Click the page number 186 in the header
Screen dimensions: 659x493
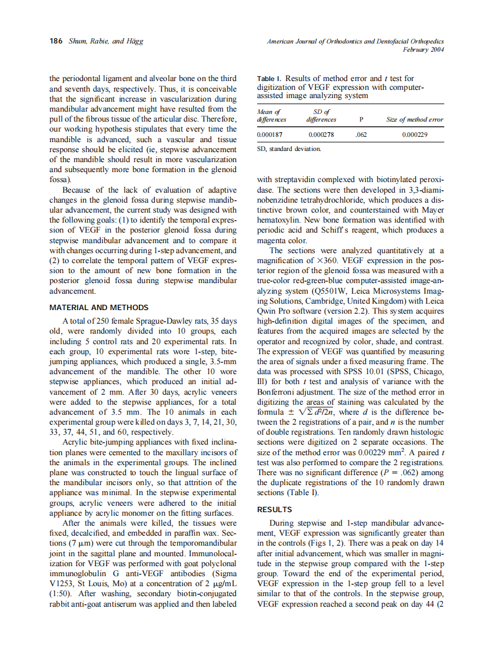pyautogui.click(x=56, y=41)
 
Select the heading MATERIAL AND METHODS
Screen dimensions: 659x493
pyautogui.click(x=99, y=307)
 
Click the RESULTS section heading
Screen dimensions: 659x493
pyautogui.click(x=275, y=510)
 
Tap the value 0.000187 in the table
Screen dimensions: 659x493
pyautogui.click(x=270, y=135)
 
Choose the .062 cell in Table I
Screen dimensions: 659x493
pyautogui.click(x=360, y=135)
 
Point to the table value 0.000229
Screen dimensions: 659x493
pyautogui.click(x=414, y=135)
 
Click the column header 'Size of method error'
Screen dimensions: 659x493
pyautogui.click(x=414, y=120)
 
